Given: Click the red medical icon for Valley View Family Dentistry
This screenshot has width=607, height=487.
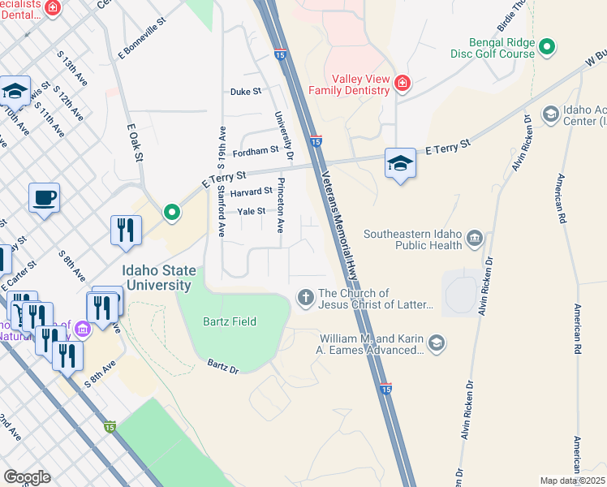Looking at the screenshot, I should click(x=401, y=83).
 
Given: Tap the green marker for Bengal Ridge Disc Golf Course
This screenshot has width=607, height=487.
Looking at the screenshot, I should click(x=547, y=48).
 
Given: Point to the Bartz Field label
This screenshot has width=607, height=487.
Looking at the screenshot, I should click(x=229, y=322).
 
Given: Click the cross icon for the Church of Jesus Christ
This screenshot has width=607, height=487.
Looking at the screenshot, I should click(x=306, y=298).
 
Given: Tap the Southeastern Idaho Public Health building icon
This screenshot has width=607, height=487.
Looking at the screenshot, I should click(x=475, y=239).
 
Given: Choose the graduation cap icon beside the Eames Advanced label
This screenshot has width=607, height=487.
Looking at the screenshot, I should click(x=437, y=344).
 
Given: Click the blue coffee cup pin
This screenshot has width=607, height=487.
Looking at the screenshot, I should click(x=44, y=196).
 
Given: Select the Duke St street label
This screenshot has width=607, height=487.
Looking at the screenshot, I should click(x=246, y=92).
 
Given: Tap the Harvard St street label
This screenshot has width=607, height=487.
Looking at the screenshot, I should click(x=251, y=192).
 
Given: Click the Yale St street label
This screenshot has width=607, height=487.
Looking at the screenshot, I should click(x=251, y=211).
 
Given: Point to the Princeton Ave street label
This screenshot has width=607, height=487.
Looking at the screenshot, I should click(x=282, y=205).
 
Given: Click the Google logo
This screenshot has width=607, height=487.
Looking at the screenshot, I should click(x=27, y=476).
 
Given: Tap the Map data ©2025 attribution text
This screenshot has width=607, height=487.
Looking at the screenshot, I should click(x=573, y=481).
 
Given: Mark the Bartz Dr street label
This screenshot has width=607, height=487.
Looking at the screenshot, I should click(x=222, y=367).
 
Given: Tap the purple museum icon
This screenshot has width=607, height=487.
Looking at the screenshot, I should click(x=82, y=330).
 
